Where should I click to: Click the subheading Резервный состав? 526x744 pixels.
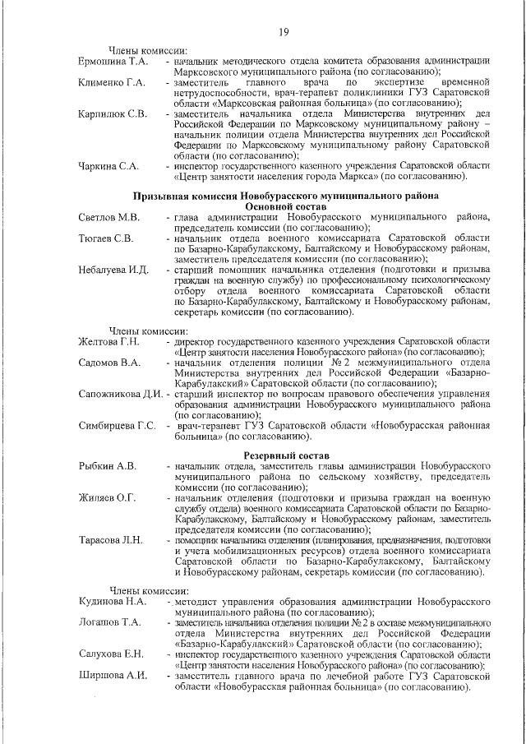285,455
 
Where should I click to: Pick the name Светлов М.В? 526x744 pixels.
108,217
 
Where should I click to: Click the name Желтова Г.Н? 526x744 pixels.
109,341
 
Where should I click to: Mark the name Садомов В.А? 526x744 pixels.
108,362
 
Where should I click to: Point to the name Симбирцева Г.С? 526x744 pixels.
118,425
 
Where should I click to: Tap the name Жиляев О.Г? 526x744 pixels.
107,498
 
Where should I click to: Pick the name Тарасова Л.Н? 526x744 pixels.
110,540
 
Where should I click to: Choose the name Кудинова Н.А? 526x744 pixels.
112,602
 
